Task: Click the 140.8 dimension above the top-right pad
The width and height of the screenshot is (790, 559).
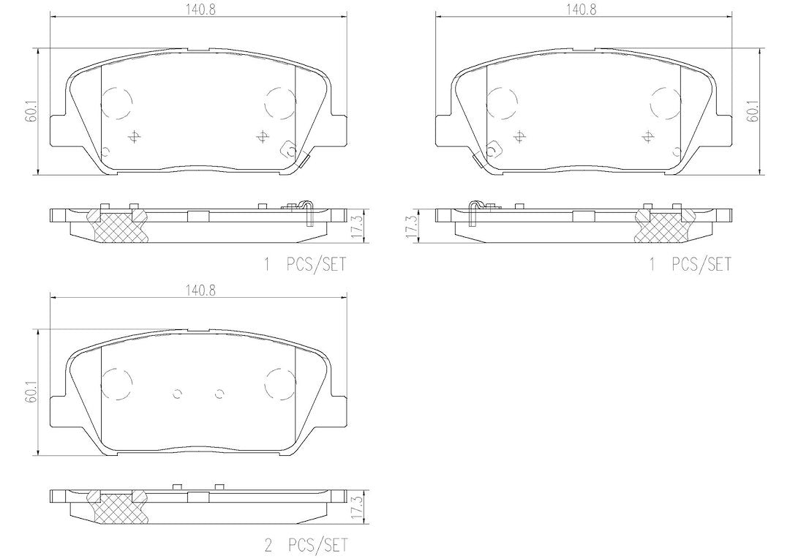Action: (x=582, y=10)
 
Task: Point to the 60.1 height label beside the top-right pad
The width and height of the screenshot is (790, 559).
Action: (x=753, y=111)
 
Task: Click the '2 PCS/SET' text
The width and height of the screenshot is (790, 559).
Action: (x=306, y=545)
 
